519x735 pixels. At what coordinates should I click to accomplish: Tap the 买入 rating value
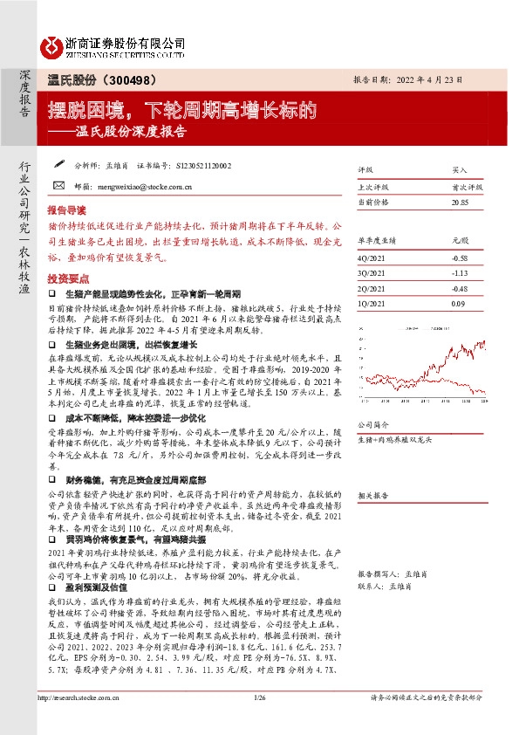coord(460,170)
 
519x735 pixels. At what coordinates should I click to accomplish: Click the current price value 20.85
coord(460,202)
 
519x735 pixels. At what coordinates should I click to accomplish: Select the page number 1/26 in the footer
coord(259,721)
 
